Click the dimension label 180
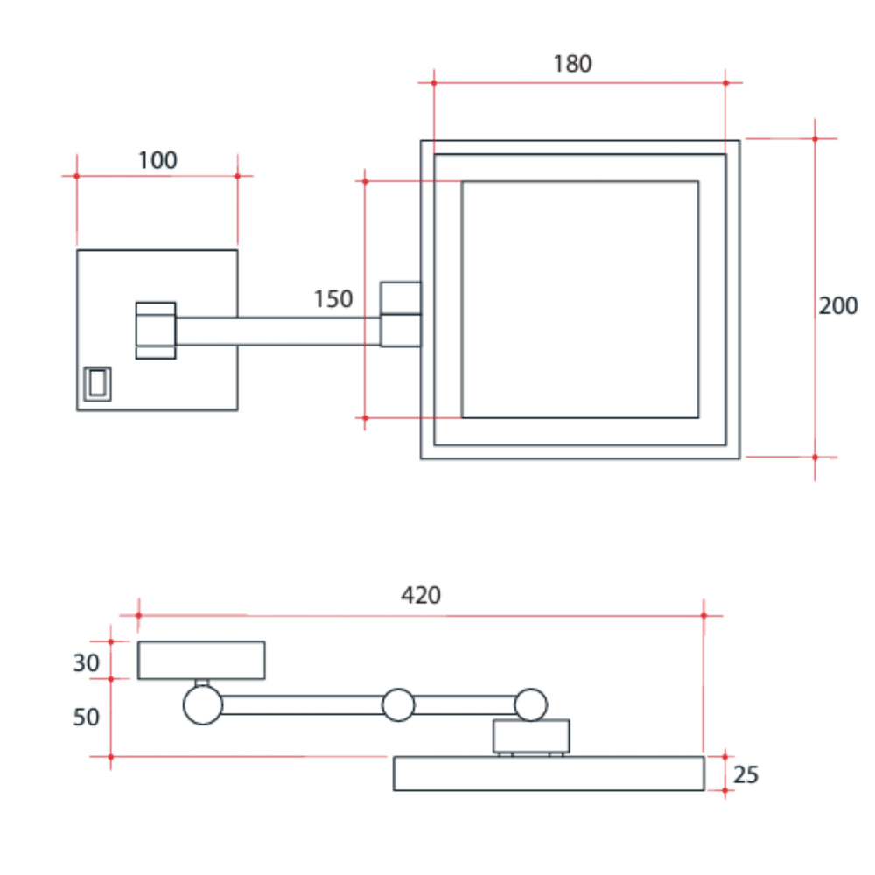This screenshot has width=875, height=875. coord(572,64)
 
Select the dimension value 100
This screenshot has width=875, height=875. coord(157,161)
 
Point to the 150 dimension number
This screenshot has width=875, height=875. coord(333,299)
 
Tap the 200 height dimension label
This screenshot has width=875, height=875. coord(837,305)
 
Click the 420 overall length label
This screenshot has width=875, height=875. coord(421,595)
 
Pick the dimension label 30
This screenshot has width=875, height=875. coord(86,663)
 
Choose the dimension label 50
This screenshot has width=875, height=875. coord(86,717)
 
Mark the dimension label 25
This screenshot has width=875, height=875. coord(745,774)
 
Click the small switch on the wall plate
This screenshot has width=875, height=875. coord(97,384)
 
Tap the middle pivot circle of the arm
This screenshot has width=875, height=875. coord(398,704)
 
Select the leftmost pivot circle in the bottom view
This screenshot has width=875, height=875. coord(203,704)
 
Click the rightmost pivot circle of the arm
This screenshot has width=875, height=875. coord(531,704)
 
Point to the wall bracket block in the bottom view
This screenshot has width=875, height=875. coord(201,660)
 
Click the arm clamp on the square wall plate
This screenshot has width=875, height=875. coord(156,331)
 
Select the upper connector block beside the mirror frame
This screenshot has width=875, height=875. coord(401,298)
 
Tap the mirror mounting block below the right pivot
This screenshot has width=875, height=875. coord(531,736)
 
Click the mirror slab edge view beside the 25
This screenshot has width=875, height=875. coord(549,773)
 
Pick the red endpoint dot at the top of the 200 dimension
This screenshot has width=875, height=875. coord(815,138)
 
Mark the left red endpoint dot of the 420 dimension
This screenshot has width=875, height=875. coord(138,615)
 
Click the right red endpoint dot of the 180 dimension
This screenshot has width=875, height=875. coord(725,82)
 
